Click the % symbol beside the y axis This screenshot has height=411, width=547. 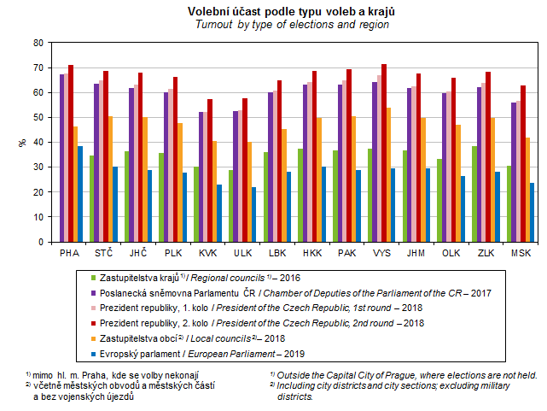22,143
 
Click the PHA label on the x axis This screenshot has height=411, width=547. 69,254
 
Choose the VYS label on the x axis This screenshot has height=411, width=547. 382,254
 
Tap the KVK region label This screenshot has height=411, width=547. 208,254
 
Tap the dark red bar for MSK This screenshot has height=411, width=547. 522,163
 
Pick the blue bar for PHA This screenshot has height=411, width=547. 81,194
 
